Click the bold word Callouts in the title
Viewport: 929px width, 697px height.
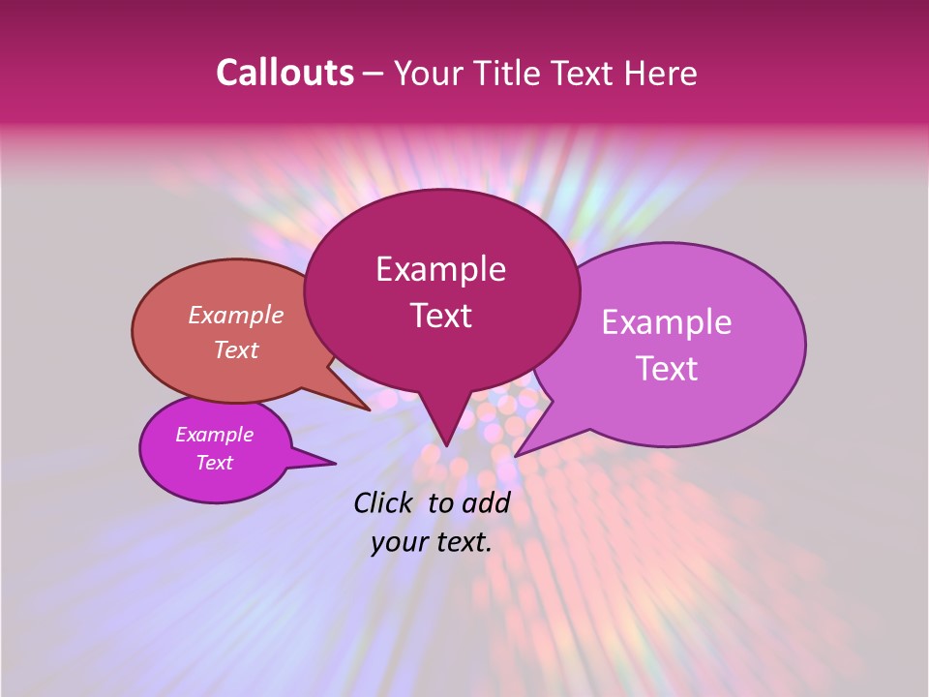click(285, 73)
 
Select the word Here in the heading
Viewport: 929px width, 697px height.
click(660, 73)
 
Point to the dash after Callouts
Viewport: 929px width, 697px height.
click(374, 74)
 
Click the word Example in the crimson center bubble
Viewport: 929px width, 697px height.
click(440, 269)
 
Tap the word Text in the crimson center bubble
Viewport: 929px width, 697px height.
click(440, 316)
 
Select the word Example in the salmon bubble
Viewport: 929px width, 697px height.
click(236, 315)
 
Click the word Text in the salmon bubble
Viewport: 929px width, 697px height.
click(236, 349)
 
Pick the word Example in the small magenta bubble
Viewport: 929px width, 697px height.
click(215, 435)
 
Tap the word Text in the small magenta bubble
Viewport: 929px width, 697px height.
click(215, 463)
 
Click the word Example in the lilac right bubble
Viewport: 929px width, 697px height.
click(667, 322)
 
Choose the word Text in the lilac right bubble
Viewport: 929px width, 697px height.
click(667, 369)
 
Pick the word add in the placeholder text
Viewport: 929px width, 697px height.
click(486, 502)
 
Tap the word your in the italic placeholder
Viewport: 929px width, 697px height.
click(398, 543)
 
